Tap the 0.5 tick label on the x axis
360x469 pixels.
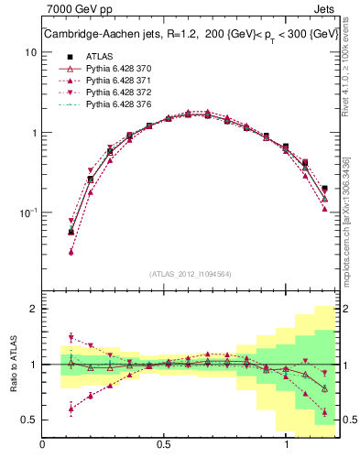[165, 444]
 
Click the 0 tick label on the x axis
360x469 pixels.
[43, 444]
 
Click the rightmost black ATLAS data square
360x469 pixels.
[324, 189]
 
